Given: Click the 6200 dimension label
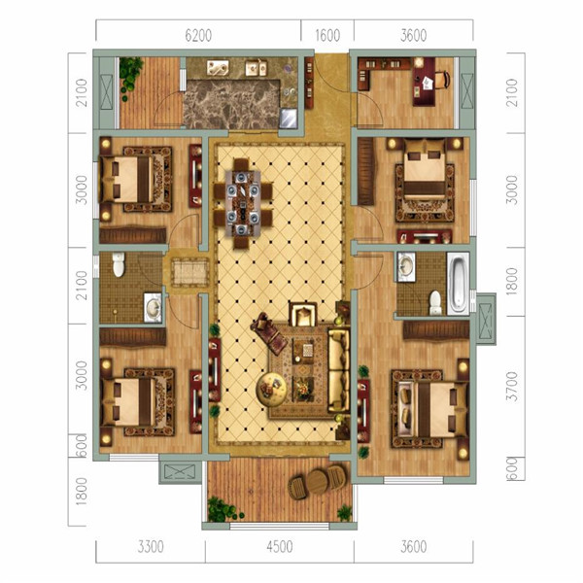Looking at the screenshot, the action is pyautogui.click(x=198, y=36).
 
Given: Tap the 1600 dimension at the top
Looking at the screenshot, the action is pyautogui.click(x=327, y=36).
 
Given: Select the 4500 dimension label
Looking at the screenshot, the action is pyautogui.click(x=280, y=547).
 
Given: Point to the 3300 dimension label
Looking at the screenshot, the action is pyautogui.click(x=151, y=547).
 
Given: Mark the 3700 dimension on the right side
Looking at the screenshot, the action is pyautogui.click(x=513, y=387).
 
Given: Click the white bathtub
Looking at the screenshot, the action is pyautogui.click(x=458, y=284).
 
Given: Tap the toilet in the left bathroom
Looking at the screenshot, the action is pyautogui.click(x=119, y=264).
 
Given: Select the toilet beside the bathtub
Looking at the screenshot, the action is pyautogui.click(x=435, y=303).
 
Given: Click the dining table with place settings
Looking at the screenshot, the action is pyautogui.click(x=242, y=203).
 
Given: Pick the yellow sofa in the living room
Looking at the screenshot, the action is pyautogui.click(x=339, y=371).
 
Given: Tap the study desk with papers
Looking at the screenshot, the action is pyautogui.click(x=424, y=82).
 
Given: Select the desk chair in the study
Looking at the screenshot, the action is pyautogui.click(x=442, y=80).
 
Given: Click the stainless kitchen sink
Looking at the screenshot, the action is pyautogui.click(x=289, y=118).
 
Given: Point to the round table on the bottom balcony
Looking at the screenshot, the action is pyautogui.click(x=317, y=482).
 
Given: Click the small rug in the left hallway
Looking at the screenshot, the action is pyautogui.click(x=190, y=273).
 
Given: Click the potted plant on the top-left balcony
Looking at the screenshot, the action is pyautogui.click(x=130, y=76).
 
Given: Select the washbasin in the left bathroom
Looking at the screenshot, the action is pyautogui.click(x=154, y=307).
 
